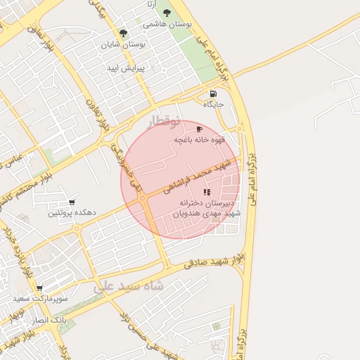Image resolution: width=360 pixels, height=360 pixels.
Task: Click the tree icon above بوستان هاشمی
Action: [167, 13]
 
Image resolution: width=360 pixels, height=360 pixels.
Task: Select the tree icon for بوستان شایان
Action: [124, 33]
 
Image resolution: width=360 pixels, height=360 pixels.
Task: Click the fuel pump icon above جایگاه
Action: [213, 94]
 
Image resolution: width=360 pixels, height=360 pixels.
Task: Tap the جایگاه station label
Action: [214, 104]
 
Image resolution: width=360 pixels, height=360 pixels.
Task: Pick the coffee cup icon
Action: [199, 129]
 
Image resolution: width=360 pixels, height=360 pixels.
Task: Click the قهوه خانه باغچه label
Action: [200, 141]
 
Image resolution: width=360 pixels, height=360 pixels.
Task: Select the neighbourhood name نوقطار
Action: [165, 122]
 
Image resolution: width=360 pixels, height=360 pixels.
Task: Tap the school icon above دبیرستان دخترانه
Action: [206, 192]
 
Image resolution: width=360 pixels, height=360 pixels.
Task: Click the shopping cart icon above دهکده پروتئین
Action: [72, 202]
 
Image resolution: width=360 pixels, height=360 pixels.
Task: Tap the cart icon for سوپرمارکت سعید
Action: [39, 288]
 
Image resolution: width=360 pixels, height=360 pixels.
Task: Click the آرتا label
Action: [150, 4]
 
